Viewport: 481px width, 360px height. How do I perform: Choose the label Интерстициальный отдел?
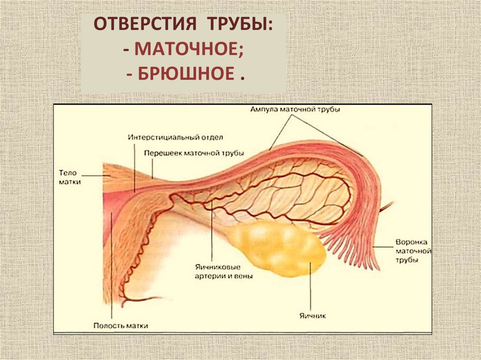[175, 138]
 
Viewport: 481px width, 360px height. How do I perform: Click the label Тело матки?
[70, 177]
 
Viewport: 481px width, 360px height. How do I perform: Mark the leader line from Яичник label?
[311, 286]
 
